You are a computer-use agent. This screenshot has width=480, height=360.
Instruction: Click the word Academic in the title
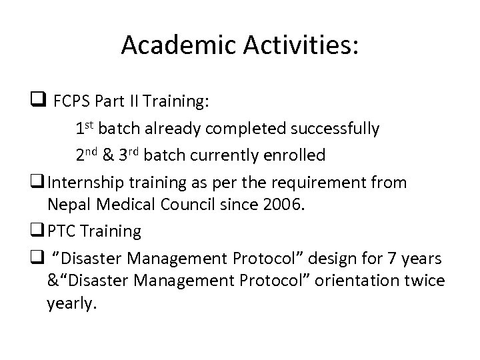(176, 45)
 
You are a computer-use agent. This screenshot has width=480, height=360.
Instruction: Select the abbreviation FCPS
(72, 102)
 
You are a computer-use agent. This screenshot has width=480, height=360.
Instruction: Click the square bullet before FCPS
(37, 102)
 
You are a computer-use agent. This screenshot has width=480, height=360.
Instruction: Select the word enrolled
(292, 155)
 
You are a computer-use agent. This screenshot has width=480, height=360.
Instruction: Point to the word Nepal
(67, 205)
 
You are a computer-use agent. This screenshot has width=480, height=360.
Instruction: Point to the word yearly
(71, 304)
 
